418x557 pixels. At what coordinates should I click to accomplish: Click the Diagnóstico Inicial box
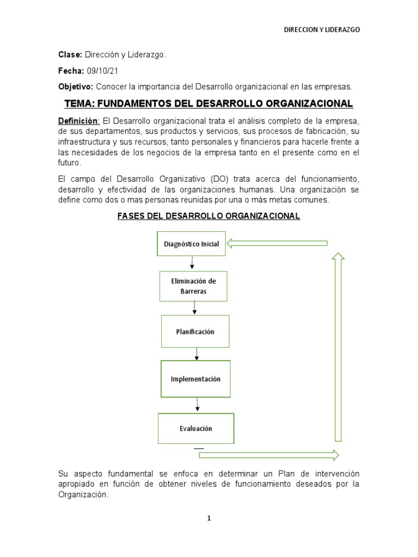192,244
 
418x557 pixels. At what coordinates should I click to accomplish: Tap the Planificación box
195,332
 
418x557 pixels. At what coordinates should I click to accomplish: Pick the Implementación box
195,379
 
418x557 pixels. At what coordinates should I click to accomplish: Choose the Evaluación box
196,428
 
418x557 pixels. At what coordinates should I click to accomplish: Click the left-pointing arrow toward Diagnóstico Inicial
276,243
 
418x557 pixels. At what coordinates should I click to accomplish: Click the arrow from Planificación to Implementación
196,354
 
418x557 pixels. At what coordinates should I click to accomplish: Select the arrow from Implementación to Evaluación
198,405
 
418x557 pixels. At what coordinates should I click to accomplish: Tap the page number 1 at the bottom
208,518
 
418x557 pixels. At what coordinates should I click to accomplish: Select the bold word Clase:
70,55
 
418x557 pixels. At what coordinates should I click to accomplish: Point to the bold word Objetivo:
76,86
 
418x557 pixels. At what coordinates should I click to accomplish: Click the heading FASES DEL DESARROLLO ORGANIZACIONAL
209,216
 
